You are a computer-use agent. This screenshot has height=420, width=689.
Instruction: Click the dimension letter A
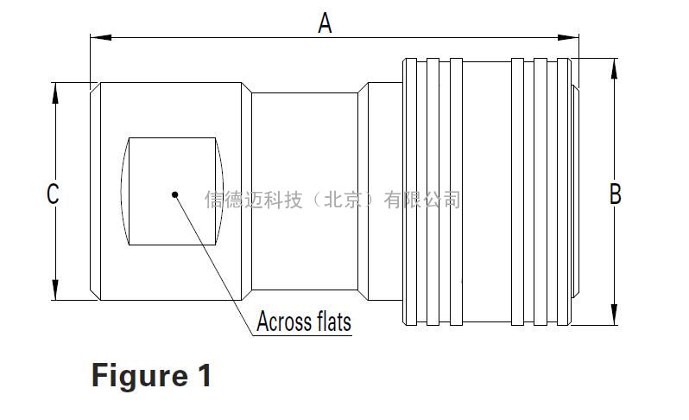tap(325, 22)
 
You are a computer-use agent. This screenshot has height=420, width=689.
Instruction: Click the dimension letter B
tap(615, 194)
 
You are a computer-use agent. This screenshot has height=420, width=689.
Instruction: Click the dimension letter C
tap(53, 194)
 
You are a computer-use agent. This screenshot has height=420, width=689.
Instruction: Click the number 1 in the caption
tap(203, 376)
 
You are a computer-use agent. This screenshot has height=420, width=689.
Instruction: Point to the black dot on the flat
tap(175, 194)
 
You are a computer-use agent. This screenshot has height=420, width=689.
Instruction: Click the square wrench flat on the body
tap(173, 164)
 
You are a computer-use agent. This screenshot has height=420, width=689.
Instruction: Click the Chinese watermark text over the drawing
tap(332, 200)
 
